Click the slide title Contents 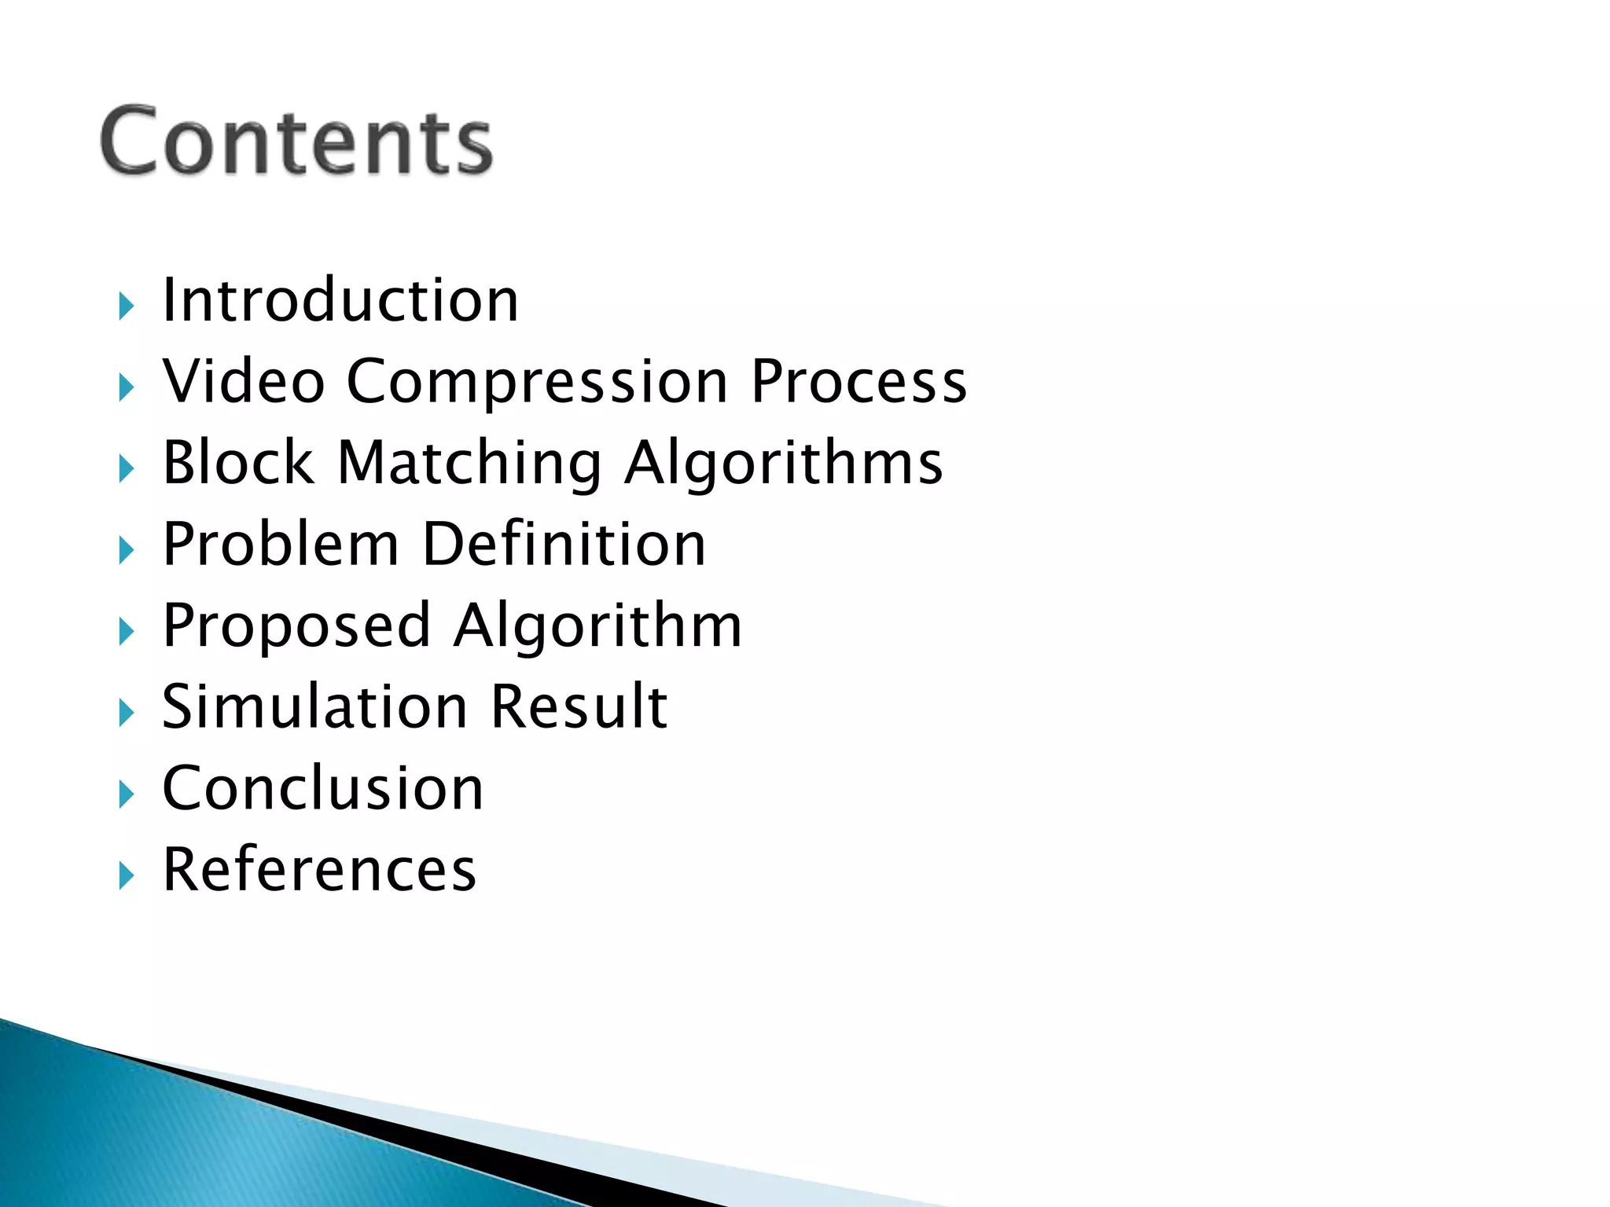(x=296, y=141)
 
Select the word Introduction (x=340, y=300)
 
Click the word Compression (x=538, y=383)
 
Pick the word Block (x=238, y=463)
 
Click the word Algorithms (x=784, y=464)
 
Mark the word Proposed (x=296, y=627)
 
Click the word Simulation (x=314, y=706)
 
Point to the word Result (x=579, y=706)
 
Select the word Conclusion (x=323, y=788)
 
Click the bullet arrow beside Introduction (x=127, y=306)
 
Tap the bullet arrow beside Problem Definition (x=127, y=550)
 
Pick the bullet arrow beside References (x=127, y=875)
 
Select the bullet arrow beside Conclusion (x=127, y=794)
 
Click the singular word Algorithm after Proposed (x=597, y=627)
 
